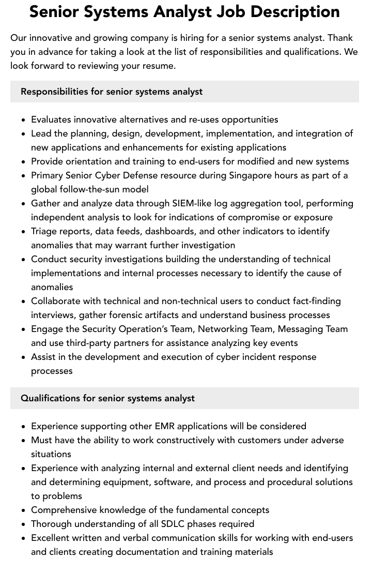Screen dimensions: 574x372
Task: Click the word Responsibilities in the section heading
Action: click(x=54, y=92)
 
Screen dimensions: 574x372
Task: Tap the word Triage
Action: click(x=45, y=231)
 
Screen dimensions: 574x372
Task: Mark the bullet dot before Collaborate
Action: click(x=24, y=301)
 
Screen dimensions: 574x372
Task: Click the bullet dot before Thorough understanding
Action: click(x=24, y=524)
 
